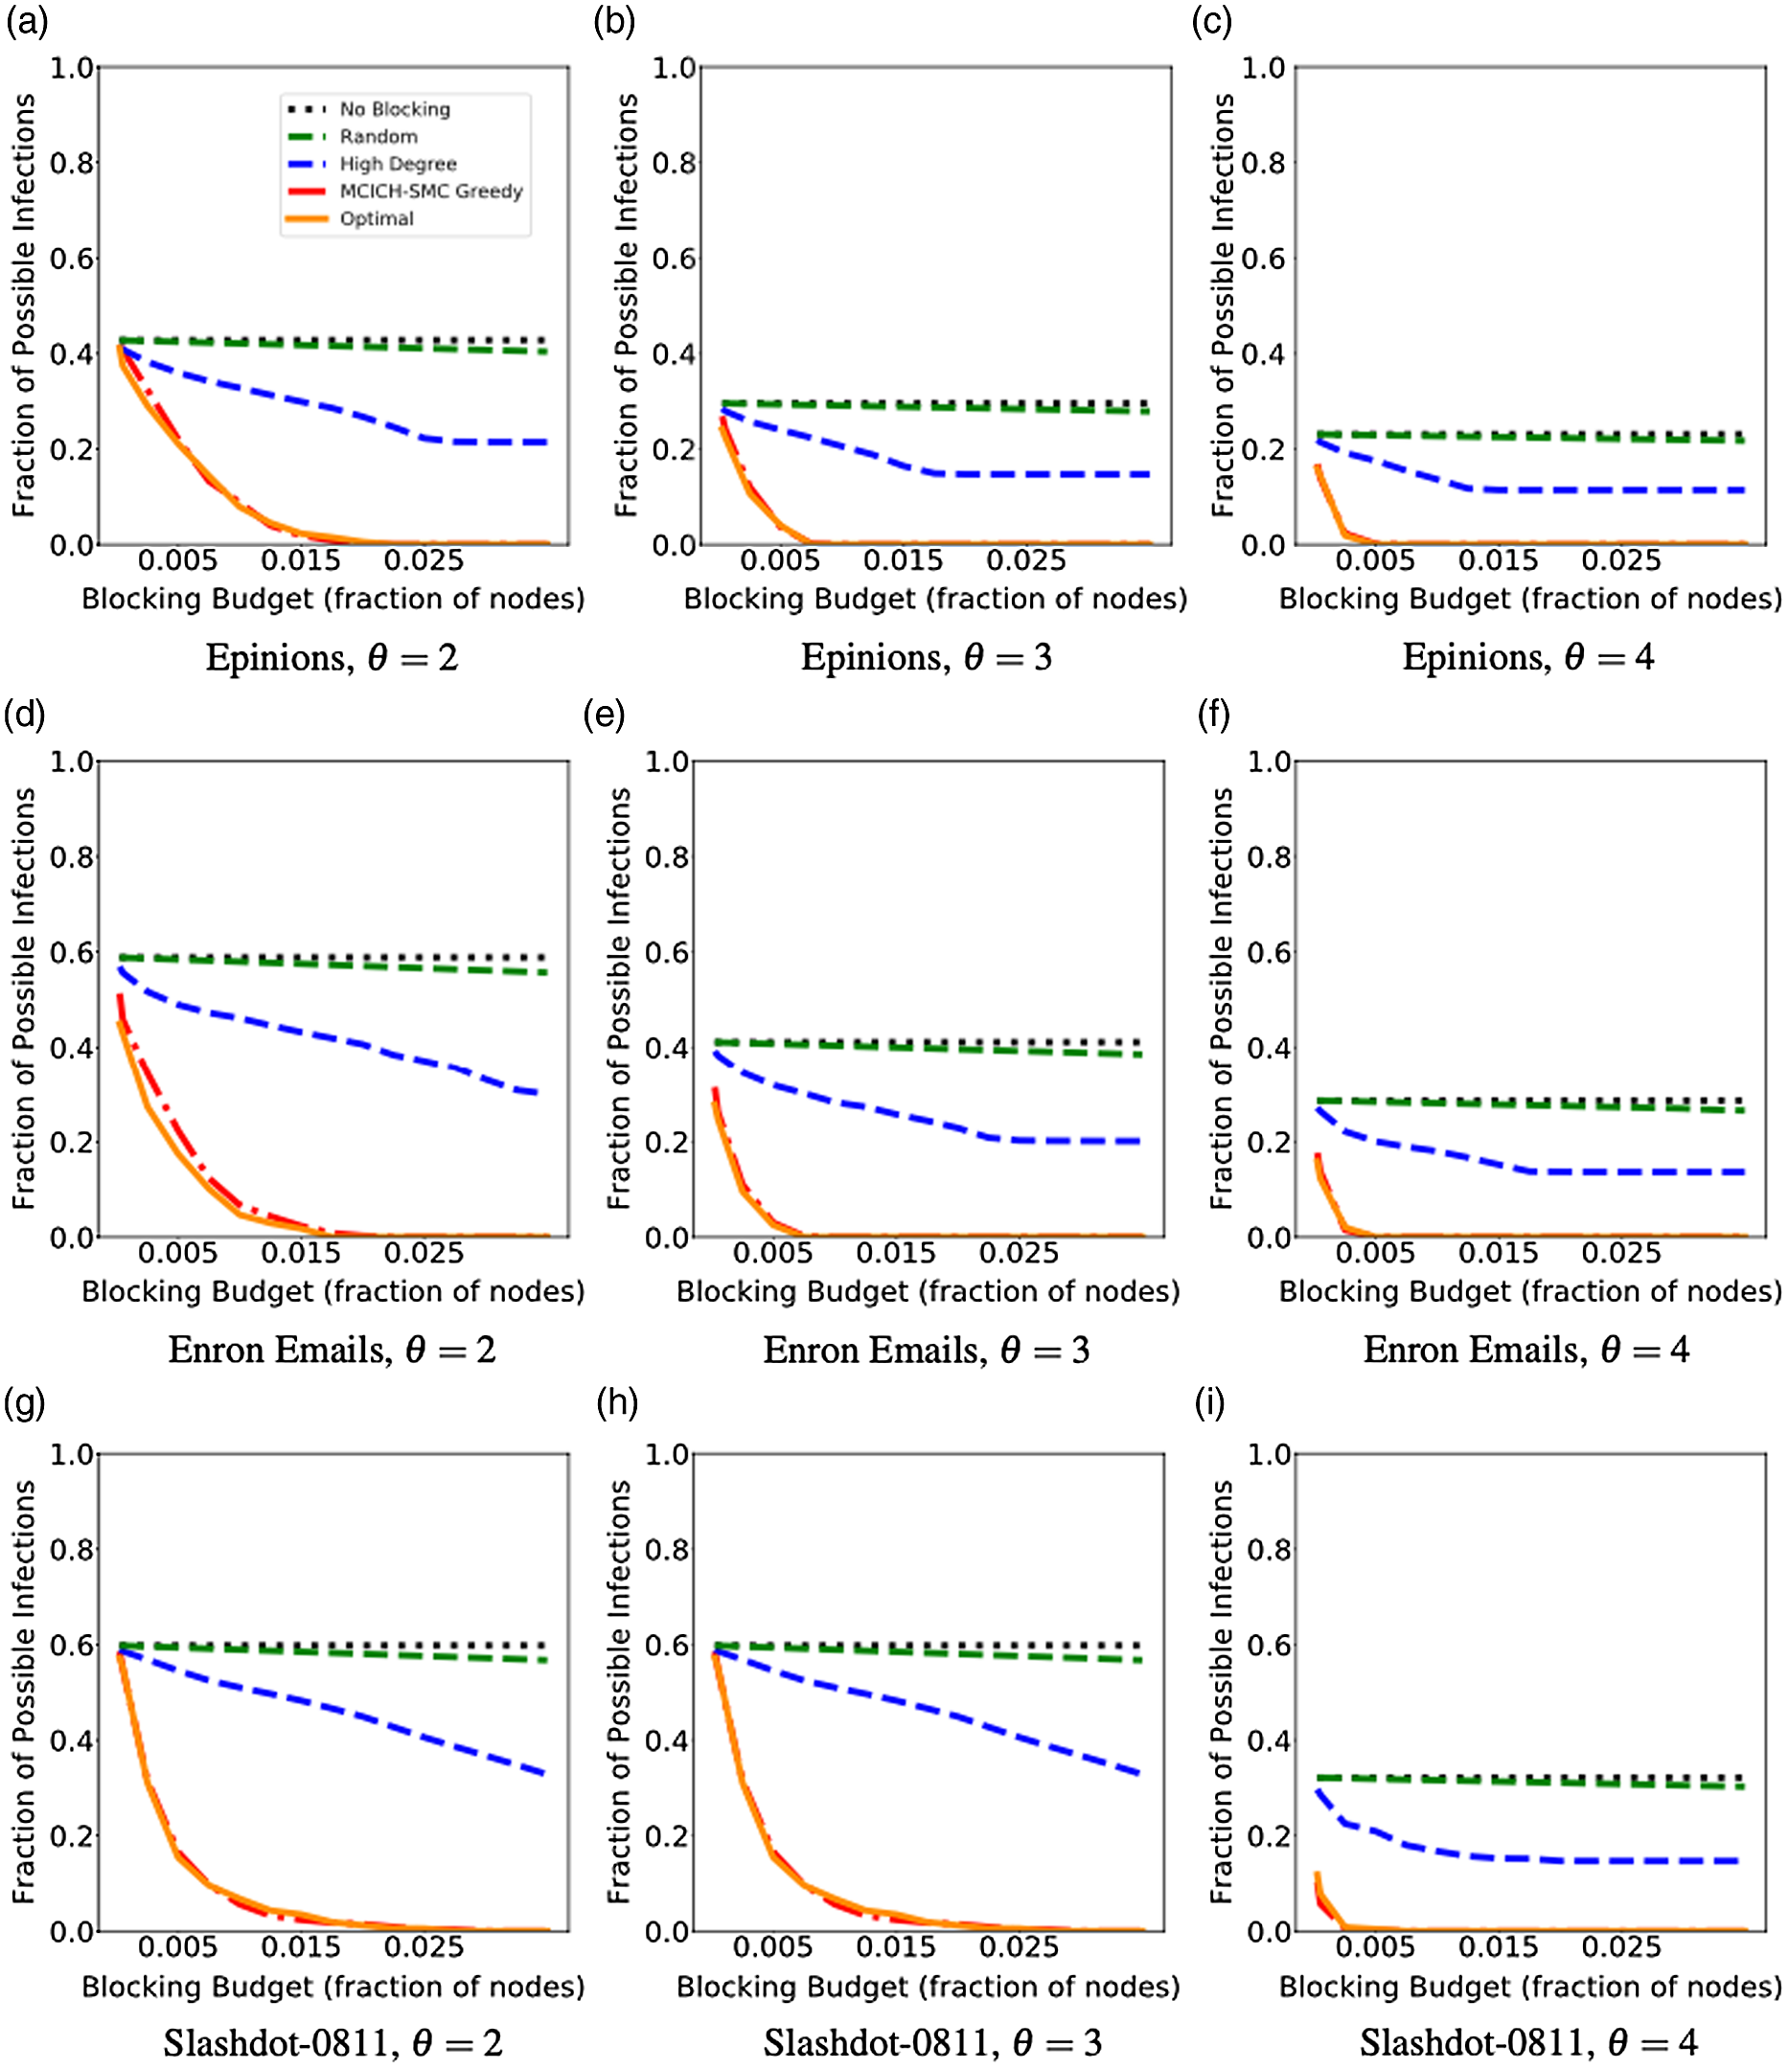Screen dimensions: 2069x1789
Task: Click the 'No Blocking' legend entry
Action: (x=395, y=109)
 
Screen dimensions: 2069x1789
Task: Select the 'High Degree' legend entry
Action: (x=398, y=164)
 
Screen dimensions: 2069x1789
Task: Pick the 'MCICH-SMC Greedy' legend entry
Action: (x=430, y=191)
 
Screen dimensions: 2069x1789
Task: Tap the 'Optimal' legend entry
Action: (x=377, y=218)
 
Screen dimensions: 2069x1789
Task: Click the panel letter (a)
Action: (x=27, y=22)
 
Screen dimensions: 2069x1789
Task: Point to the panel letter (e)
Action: (x=605, y=714)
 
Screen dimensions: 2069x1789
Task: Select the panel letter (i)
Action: (x=1210, y=1403)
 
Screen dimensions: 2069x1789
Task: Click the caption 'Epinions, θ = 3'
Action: (x=926, y=657)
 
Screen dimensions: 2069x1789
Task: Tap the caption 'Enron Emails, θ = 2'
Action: (x=332, y=1350)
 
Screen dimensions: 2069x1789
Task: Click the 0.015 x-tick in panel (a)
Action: (x=301, y=560)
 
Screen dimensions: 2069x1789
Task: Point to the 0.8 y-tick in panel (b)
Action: (x=674, y=163)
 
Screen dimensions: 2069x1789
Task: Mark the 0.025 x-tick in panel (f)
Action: (x=1620, y=1253)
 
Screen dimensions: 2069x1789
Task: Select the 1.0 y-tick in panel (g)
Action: (x=72, y=1455)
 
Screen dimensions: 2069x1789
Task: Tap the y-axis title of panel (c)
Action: (x=1223, y=305)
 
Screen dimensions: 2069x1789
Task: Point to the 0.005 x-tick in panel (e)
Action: (x=772, y=1253)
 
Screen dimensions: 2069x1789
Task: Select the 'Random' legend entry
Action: (x=378, y=137)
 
